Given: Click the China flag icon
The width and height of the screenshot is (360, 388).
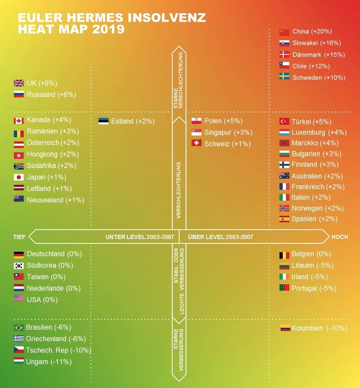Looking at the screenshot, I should [284, 32].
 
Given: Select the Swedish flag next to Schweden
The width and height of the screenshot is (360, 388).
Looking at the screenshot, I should [284, 77].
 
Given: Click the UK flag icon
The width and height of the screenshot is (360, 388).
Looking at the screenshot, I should [19, 83].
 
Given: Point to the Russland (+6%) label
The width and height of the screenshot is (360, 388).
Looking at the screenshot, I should [51, 94].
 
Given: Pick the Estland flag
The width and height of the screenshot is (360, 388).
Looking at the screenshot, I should [103, 121].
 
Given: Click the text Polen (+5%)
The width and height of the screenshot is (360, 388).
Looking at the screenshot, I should [220, 121].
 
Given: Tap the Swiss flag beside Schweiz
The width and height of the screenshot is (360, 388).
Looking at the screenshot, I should [196, 144].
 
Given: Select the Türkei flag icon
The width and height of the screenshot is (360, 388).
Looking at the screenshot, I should [284, 121].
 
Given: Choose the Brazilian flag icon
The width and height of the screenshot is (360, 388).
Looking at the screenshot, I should [19, 328].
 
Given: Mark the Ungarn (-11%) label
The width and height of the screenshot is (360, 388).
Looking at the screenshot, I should [49, 362].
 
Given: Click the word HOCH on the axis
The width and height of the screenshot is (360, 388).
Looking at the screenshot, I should [339, 237].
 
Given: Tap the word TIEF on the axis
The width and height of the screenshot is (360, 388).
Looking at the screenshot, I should [19, 237].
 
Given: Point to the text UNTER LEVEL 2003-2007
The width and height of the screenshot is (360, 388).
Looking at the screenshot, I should [140, 237].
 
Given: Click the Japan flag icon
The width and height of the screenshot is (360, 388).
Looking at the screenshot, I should [19, 177].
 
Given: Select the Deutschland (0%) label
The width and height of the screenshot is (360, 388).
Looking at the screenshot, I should [54, 254].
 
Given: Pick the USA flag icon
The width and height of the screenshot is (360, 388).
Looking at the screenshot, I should [19, 299].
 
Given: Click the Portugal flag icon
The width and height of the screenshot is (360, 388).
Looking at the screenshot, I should [284, 288].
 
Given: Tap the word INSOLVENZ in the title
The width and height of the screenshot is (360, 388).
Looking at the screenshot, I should [167, 18].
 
